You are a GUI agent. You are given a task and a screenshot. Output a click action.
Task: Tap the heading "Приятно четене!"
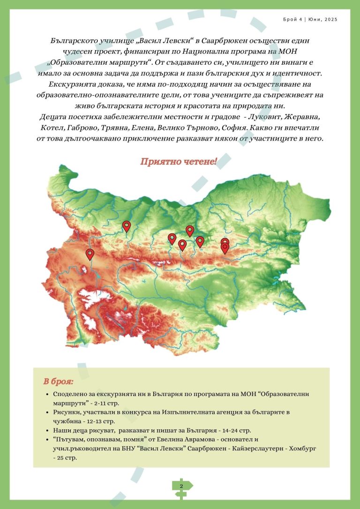(x=179, y=162)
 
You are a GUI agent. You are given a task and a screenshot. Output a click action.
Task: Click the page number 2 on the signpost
(x=181, y=486)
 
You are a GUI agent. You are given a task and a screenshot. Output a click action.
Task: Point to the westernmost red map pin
(x=90, y=254)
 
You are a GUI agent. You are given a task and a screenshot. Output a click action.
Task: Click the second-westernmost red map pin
(x=127, y=226)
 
